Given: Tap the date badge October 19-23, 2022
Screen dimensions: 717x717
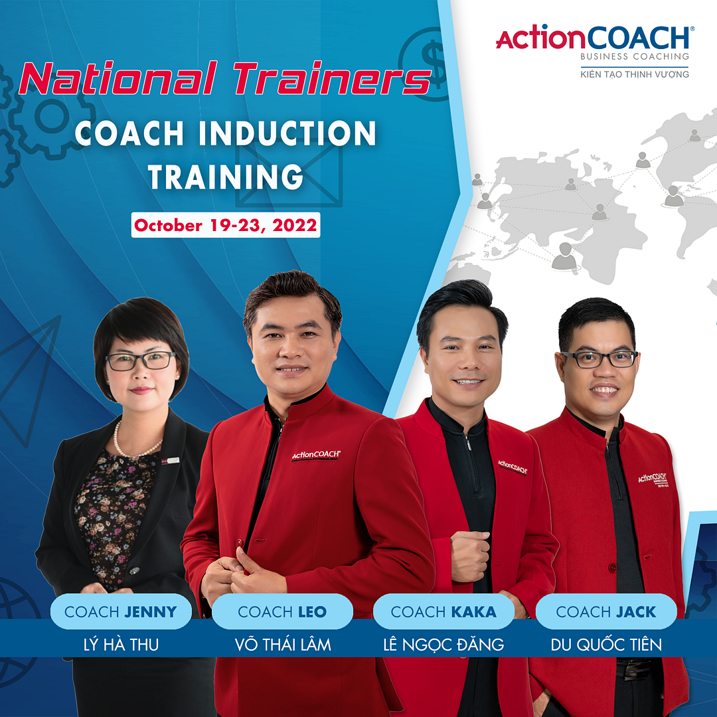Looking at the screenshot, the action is coord(226,225).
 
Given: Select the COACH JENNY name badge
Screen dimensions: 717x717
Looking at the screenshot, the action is coord(121,611).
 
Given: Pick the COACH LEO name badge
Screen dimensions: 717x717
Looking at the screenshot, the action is coord(282,611).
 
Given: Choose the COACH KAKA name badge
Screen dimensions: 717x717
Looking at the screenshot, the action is coord(443,611).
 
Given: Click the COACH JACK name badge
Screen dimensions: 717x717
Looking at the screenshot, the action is coord(606,611).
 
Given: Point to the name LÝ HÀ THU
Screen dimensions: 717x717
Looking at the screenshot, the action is coord(121,644).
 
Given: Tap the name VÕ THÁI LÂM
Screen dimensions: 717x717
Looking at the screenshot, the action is coord(283,644).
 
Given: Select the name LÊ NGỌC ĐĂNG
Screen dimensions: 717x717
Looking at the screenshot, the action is coord(443,644).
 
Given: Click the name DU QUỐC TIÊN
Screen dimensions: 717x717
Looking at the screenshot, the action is coord(606,644).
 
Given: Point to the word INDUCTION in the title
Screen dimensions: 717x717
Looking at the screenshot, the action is coord(287,133).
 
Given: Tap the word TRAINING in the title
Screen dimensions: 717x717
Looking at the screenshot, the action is coord(226,177).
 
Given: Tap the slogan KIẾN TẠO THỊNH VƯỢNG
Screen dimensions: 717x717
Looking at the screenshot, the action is coord(635,74).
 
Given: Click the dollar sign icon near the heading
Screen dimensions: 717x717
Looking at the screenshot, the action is coord(433,62).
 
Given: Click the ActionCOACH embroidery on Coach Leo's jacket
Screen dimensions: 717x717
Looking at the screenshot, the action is coord(317,455).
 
